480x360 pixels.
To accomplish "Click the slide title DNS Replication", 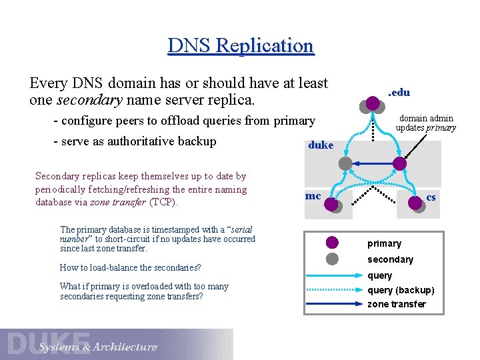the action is (x=240, y=46).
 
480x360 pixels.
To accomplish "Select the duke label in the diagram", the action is (x=321, y=145).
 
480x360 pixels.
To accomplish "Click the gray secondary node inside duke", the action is (x=345, y=163).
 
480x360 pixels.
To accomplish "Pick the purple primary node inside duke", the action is (x=399, y=163).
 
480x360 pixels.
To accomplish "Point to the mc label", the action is (x=313, y=196).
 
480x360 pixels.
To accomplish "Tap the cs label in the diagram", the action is (x=431, y=197).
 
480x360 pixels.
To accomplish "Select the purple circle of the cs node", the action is (x=415, y=204).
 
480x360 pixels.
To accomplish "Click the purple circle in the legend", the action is (x=332, y=243).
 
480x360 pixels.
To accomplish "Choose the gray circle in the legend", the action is (x=332, y=259).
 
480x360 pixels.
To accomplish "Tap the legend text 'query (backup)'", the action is (x=401, y=290).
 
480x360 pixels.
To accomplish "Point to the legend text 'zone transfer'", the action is (x=397, y=304).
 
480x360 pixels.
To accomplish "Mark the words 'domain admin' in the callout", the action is (x=426, y=119).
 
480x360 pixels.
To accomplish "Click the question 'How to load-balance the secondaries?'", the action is (x=130, y=267).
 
